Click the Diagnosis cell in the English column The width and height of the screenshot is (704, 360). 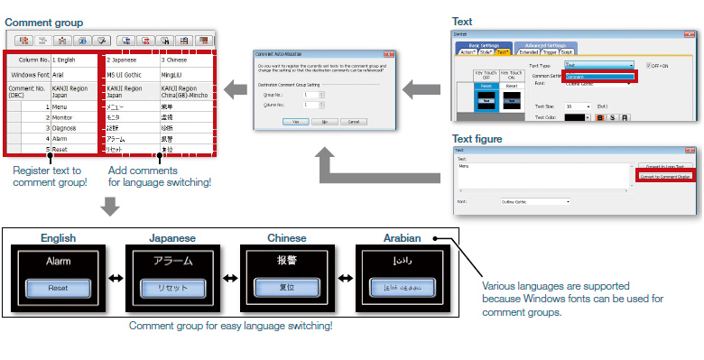coord(68,128)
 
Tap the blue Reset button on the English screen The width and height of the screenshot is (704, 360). coord(58,289)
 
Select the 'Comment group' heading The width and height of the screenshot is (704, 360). coord(45,22)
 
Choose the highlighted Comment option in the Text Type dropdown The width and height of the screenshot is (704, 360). coord(600,77)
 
